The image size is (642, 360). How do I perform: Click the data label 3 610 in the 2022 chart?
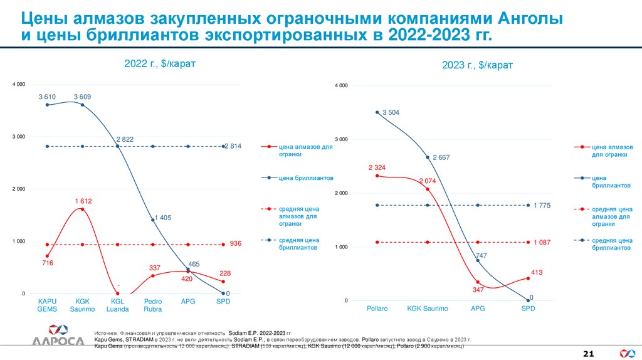[47, 97]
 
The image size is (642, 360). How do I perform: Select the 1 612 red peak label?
[83, 201]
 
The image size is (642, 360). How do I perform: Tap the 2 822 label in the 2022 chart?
[125, 139]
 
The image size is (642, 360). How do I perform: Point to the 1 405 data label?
[162, 218]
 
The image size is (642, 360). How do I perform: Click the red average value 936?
[236, 243]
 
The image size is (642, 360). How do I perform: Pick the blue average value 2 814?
[233, 146]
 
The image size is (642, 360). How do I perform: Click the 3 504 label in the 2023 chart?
[391, 112]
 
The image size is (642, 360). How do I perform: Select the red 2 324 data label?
[377, 167]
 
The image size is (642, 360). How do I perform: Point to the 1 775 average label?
[542, 204]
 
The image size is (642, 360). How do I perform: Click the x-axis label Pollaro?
[377, 309]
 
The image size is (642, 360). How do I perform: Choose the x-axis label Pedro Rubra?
[153, 305]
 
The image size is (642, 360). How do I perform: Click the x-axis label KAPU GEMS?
[47, 305]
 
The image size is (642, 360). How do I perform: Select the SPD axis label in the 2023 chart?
[528, 309]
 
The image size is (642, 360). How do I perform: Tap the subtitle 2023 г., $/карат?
[473, 65]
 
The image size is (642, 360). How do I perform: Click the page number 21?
[588, 354]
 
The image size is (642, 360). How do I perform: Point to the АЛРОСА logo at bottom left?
[58, 336]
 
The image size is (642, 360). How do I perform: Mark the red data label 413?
[536, 272]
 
